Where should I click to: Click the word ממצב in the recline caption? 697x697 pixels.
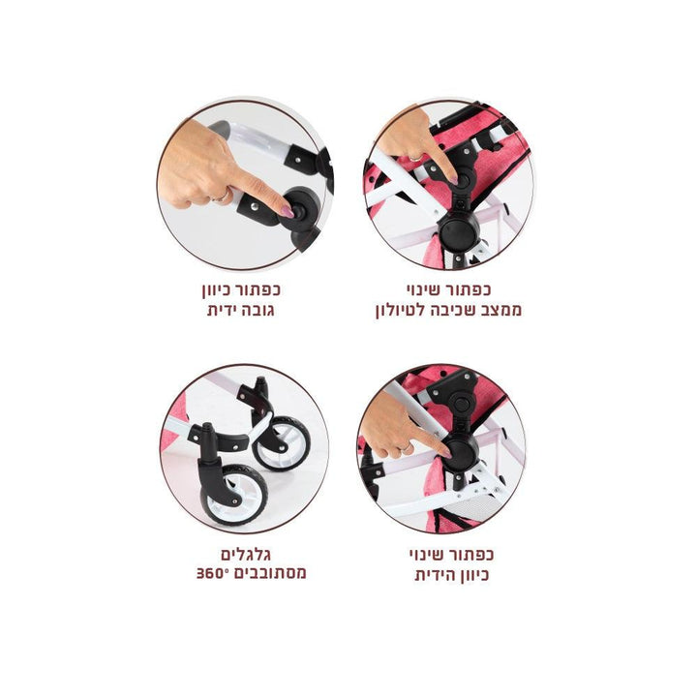pos(502,310)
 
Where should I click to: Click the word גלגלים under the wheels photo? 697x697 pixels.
pos(246,555)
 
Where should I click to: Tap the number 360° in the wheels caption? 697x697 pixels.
pos(212,573)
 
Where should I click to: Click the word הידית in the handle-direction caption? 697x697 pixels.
pos(435,575)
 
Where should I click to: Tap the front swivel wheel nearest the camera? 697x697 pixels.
pos(234,495)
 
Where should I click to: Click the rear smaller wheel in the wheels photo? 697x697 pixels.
pos(281,443)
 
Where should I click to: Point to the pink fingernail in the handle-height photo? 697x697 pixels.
pos(288,211)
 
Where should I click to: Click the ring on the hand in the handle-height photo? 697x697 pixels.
pos(223,196)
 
